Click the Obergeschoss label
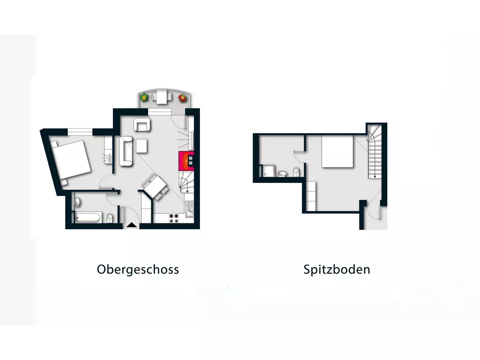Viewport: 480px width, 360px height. point(138,269)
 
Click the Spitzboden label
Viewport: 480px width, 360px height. point(337,269)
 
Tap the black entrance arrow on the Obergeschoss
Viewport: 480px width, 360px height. point(131,226)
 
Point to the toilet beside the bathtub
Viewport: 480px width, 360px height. point(110,218)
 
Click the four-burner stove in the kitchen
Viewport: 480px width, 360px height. point(174,218)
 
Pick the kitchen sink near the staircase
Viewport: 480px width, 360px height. point(190,208)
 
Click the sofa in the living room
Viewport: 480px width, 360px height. point(126,151)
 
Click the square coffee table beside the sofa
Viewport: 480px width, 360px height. point(142,146)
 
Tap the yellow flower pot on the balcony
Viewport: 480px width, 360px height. point(144,97)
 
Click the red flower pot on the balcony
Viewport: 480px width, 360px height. point(182,97)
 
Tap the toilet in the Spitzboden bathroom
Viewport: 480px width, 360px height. point(296,172)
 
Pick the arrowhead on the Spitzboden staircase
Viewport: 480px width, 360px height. point(375,176)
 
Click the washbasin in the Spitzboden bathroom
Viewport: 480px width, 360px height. point(282,173)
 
